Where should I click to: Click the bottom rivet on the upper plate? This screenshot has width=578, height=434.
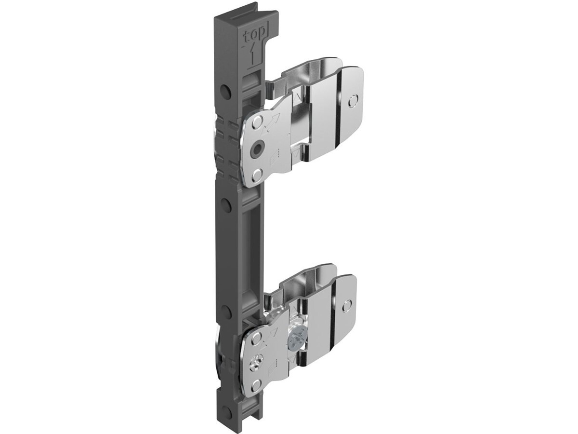(258, 175)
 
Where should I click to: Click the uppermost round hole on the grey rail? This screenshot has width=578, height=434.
(225, 91)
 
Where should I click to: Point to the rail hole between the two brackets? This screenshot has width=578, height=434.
(225, 204)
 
